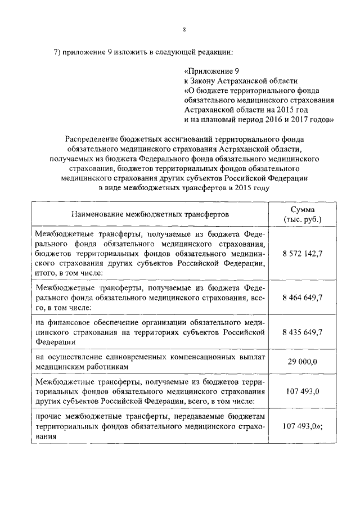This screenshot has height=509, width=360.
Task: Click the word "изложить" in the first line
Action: coord(129,53)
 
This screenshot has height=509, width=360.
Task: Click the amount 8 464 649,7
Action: coord(303,298)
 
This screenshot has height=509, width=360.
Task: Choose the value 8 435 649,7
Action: coord(303,332)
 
